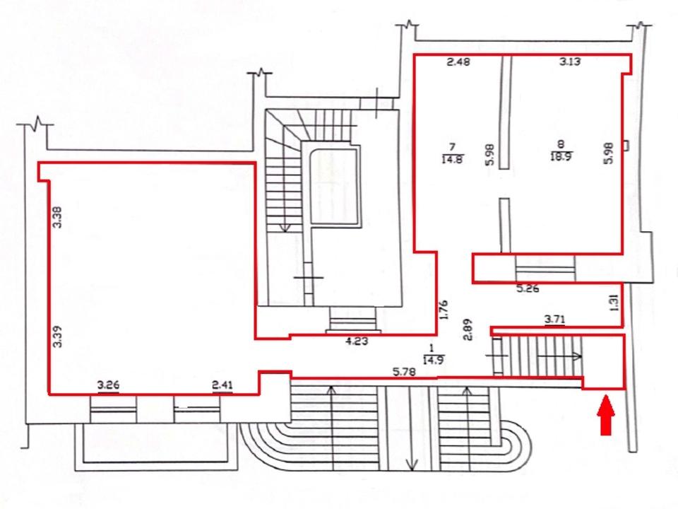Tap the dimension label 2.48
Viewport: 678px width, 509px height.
click(x=458, y=62)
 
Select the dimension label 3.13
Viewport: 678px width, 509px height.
click(x=570, y=62)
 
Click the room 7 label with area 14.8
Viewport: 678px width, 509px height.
click(x=452, y=153)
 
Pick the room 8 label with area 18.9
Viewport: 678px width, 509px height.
click(x=561, y=151)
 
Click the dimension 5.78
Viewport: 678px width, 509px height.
click(x=404, y=371)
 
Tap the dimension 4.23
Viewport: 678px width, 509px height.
click(x=357, y=341)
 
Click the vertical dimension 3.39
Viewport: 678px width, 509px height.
click(x=57, y=337)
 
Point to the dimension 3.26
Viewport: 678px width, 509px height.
click(x=108, y=385)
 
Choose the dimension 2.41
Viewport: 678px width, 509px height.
click(x=222, y=385)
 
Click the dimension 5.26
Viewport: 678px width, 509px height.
click(x=528, y=288)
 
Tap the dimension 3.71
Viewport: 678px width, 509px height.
click(x=555, y=320)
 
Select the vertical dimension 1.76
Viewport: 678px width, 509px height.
click(x=444, y=310)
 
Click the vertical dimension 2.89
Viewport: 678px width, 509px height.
click(x=468, y=330)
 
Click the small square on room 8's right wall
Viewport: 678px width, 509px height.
click(x=626, y=146)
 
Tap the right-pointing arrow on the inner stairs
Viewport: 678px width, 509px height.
click(x=560, y=356)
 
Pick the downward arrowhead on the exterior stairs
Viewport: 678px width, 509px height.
click(x=412, y=465)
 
